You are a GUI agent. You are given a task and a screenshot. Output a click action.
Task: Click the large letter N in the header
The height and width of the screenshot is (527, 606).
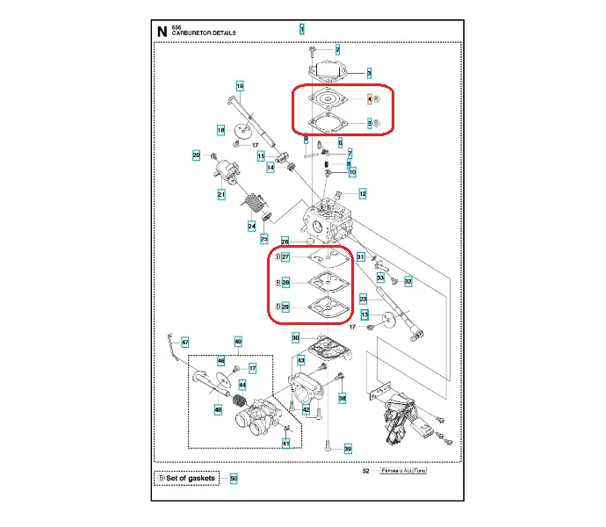click(x=162, y=32)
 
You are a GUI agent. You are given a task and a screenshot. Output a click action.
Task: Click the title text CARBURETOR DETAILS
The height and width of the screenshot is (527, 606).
click(x=203, y=33)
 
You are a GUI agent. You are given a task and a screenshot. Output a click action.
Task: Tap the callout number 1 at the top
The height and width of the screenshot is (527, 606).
click(x=301, y=29)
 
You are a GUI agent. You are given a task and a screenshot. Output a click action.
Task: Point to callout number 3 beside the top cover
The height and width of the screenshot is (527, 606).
click(x=369, y=73)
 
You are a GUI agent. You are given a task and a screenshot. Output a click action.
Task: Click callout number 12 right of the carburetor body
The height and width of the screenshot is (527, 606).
click(x=362, y=192)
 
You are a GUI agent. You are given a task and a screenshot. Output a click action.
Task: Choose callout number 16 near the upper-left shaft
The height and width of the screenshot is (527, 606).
click(x=239, y=85)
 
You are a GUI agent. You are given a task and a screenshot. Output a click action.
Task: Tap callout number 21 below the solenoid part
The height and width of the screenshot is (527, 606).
click(x=222, y=194)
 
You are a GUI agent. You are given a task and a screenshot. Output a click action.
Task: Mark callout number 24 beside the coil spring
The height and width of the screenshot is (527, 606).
click(x=251, y=226)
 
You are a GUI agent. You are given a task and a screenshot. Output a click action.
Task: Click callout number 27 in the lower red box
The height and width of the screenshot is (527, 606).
click(x=285, y=256)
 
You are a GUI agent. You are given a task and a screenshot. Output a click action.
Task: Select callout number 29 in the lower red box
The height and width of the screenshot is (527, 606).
click(x=285, y=307)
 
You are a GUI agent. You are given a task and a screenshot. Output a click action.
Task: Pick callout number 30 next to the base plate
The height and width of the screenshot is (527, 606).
click(x=296, y=338)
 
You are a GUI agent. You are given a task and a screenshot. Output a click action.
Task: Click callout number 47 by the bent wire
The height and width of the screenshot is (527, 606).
click(x=184, y=342)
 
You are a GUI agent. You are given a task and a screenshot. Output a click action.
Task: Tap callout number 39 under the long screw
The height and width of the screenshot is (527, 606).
click(x=348, y=449)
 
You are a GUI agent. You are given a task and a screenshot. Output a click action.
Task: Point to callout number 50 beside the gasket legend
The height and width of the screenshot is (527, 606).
click(x=234, y=479)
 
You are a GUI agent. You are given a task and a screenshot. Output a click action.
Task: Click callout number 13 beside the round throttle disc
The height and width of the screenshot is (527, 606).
click(x=364, y=314)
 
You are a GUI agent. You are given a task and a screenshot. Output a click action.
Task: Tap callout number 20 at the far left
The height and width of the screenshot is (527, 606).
click(x=197, y=155)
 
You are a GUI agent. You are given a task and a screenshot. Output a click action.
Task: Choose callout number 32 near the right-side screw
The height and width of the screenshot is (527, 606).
click(x=408, y=281)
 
